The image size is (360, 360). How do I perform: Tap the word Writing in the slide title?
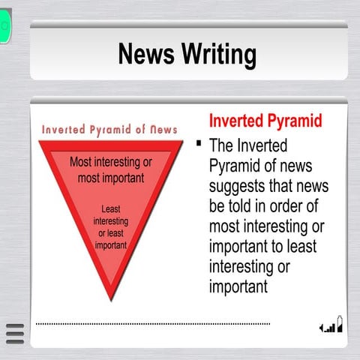click(217, 54)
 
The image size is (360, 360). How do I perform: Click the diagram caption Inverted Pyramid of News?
click(109, 130)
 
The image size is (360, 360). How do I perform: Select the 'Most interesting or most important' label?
click(110, 170)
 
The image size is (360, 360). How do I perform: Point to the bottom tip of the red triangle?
click(111, 298)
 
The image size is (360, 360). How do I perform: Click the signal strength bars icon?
click(329, 327)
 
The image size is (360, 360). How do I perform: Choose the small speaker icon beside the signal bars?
click(321, 328)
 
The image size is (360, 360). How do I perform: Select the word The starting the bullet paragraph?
click(224, 145)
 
